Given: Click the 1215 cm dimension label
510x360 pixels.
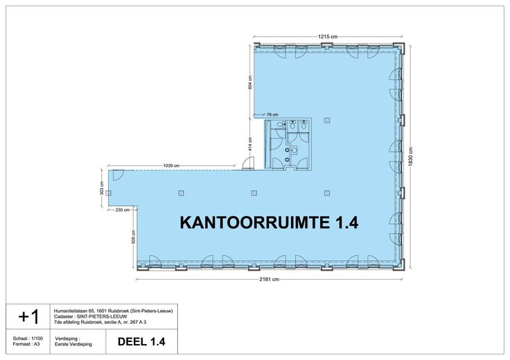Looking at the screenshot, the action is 328,37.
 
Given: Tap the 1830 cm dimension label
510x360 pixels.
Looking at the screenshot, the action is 411,156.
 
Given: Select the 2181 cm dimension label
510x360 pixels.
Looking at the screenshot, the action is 270,279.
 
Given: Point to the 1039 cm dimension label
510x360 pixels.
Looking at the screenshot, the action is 171,165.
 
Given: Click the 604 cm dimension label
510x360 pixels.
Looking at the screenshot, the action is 249,82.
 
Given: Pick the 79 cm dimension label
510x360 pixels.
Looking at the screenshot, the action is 272,115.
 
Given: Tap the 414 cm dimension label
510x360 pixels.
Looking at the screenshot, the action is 249,143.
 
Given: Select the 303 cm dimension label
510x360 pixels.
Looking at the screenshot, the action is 102,188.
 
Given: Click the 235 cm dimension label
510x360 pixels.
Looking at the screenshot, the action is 123,210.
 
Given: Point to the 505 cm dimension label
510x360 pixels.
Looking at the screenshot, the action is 133,236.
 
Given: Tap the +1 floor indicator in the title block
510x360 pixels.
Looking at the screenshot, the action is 28,316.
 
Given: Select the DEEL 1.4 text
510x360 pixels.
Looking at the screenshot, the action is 141,341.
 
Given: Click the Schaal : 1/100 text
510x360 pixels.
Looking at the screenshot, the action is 28,339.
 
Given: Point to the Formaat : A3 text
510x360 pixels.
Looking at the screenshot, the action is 26,344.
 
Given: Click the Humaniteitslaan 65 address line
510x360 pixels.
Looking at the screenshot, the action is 113,311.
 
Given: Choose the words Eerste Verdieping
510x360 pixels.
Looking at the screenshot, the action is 73,344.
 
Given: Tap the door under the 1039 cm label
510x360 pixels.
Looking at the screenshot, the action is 118,174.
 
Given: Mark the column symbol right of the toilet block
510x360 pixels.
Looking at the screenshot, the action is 327,120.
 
